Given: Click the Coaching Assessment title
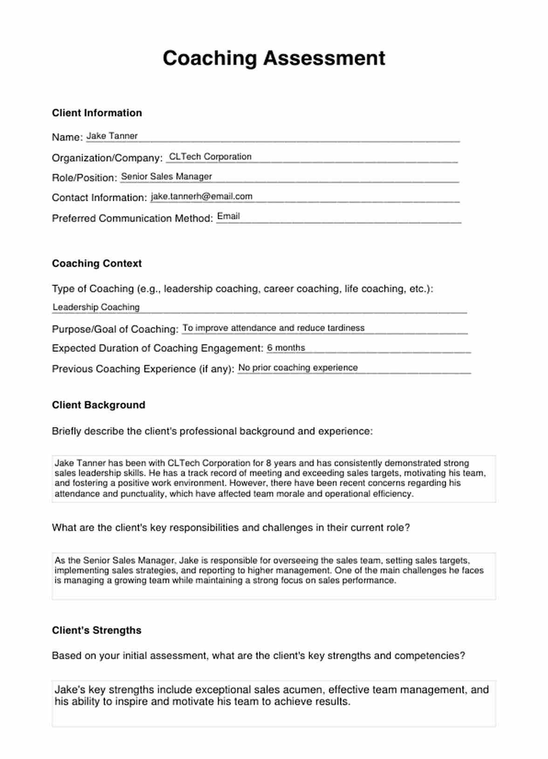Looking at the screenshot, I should click(274, 59).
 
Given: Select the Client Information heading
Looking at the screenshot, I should click(97, 113).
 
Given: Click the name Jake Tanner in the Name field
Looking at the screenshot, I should click(112, 136).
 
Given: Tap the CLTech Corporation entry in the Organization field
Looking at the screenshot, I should click(210, 156).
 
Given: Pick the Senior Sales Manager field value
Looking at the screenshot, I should click(166, 176).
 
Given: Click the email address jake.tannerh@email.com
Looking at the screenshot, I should click(201, 197).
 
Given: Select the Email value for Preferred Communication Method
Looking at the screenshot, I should click(228, 216).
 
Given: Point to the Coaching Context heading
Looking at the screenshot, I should click(97, 264).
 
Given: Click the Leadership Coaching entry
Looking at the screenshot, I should click(96, 307).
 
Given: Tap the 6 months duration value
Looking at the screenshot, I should click(286, 348).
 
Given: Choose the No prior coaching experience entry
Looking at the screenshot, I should click(298, 367).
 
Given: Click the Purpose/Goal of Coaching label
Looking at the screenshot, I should click(115, 329).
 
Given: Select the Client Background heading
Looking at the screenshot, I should click(99, 405).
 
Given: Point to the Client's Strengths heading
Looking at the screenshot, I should click(96, 630).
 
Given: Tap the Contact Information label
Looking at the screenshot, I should click(99, 198).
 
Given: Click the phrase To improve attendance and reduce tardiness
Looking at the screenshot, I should click(274, 328).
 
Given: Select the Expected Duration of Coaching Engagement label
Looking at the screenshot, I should click(158, 348).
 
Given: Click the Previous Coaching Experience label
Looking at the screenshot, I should click(143, 369).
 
